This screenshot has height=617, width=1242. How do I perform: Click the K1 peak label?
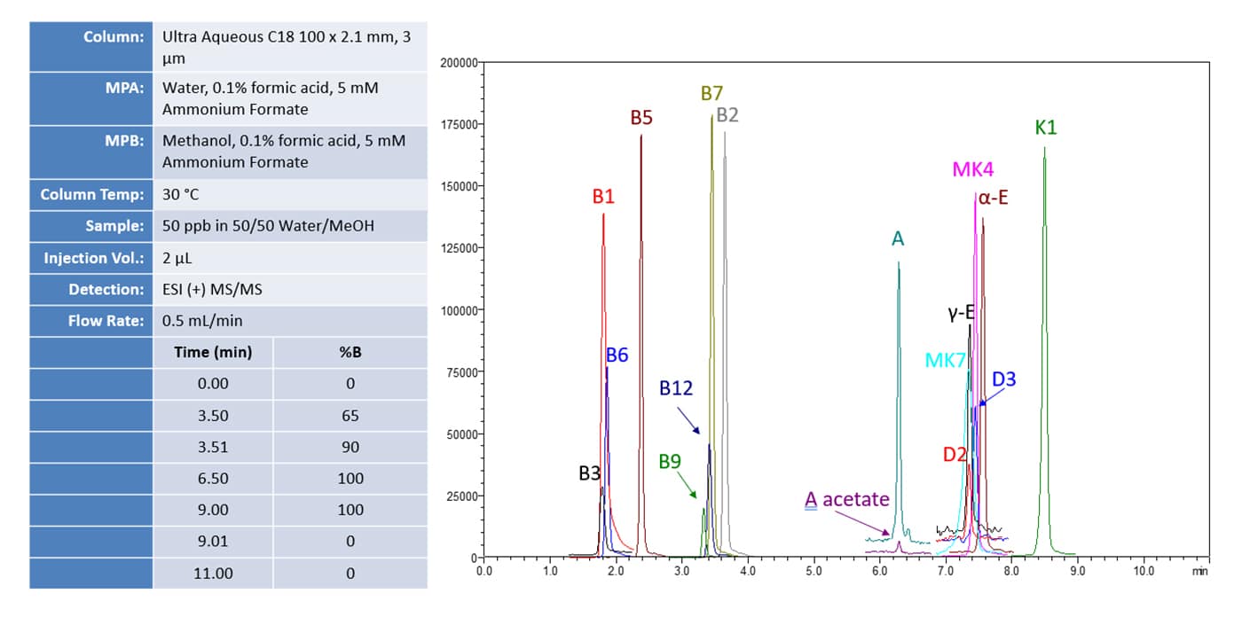(x=1046, y=128)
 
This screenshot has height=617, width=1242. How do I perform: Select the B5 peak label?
(x=641, y=118)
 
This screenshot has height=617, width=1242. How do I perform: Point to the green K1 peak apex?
(x=1044, y=148)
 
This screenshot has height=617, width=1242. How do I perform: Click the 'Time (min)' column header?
(x=213, y=352)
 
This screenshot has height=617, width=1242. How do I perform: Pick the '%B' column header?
(x=350, y=352)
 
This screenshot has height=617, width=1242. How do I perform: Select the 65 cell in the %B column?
(x=350, y=416)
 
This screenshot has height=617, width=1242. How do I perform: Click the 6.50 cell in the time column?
(x=213, y=479)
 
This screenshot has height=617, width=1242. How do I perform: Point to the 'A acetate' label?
(x=846, y=500)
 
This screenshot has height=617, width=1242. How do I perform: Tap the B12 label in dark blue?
(x=676, y=387)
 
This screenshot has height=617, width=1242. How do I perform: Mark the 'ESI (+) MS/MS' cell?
(x=213, y=289)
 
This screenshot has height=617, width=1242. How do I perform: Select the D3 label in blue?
(x=1003, y=379)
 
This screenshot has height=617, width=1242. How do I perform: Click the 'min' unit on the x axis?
(x=1200, y=572)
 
